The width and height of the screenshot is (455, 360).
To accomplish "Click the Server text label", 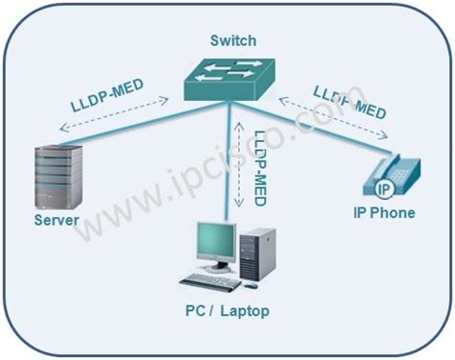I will (x=57, y=222).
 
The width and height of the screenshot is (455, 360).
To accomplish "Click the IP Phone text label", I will (x=385, y=213).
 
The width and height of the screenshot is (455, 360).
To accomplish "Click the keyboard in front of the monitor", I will (x=211, y=280).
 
